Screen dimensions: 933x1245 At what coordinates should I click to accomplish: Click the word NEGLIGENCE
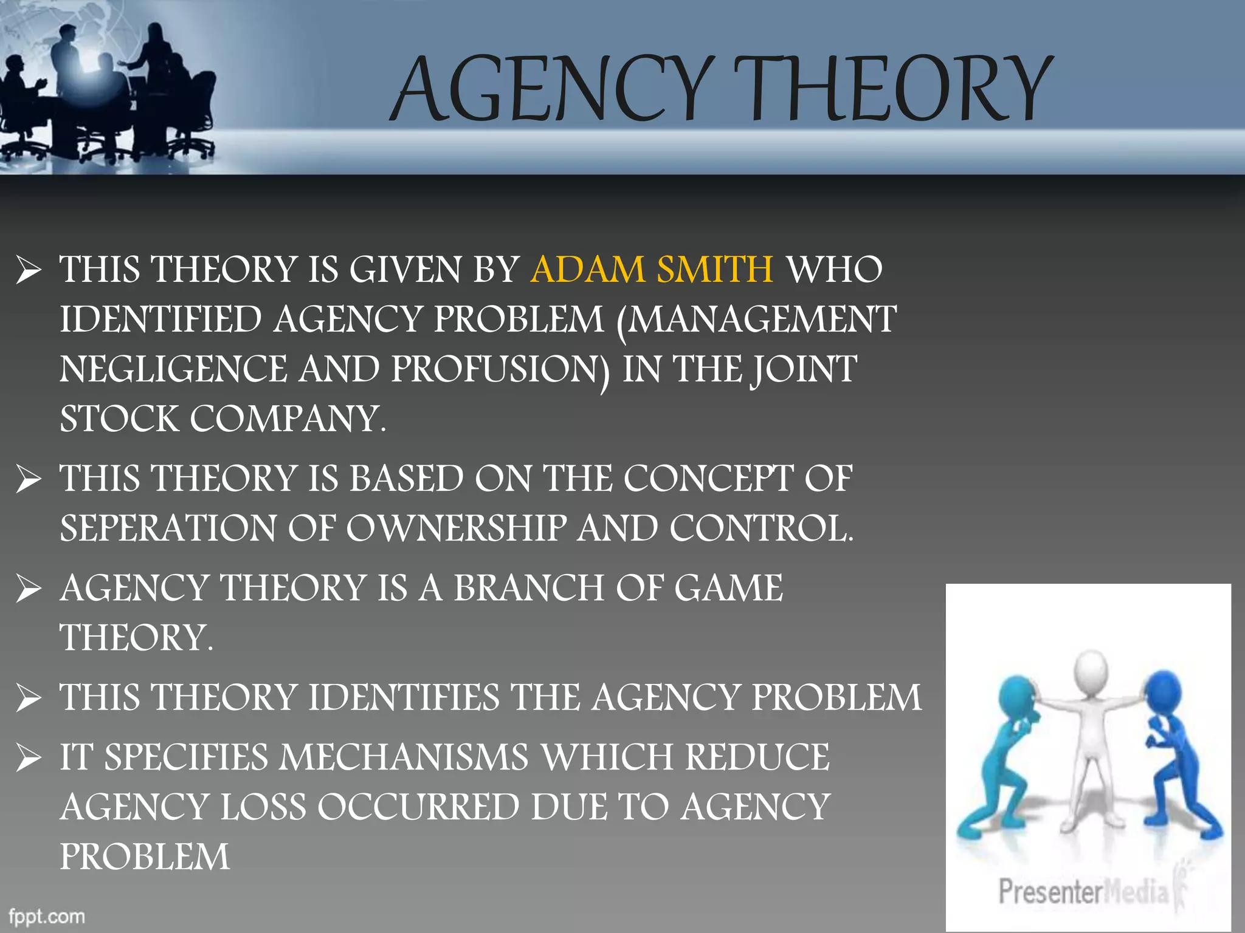click(x=173, y=369)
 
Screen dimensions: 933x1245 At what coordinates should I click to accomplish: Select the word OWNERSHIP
click(x=457, y=528)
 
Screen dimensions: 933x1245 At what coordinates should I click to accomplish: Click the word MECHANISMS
click(x=404, y=757)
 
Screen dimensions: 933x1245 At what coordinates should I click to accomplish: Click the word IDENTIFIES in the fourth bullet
click(x=404, y=697)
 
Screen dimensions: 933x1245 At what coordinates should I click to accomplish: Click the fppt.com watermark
click(x=47, y=916)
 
